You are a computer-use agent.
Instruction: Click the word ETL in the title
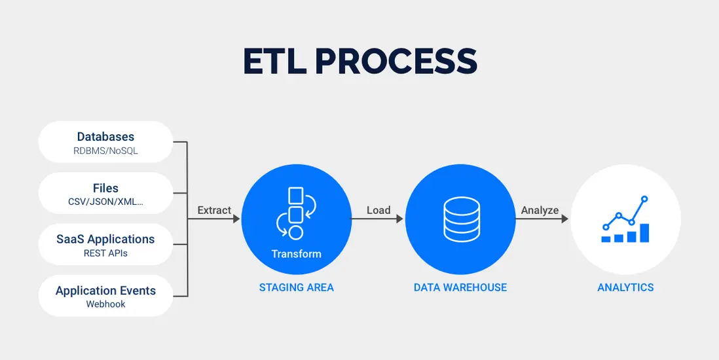pyautogui.click(x=273, y=61)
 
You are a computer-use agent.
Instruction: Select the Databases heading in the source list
pyautogui.click(x=105, y=137)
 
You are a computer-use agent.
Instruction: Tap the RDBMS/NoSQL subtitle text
pyautogui.click(x=105, y=151)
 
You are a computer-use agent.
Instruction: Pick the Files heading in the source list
pyautogui.click(x=105, y=188)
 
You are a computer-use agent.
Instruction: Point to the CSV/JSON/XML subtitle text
pyautogui.click(x=105, y=202)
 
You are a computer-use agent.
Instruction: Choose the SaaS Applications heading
pyautogui.click(x=105, y=239)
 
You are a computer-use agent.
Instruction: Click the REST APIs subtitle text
pyautogui.click(x=105, y=253)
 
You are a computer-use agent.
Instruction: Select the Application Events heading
pyautogui.click(x=105, y=290)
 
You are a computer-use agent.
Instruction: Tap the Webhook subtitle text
pyautogui.click(x=105, y=304)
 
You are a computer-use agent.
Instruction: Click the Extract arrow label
pyautogui.click(x=214, y=210)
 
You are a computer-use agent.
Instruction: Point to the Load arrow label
pyautogui.click(x=378, y=210)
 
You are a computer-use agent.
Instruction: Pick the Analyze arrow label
pyautogui.click(x=540, y=210)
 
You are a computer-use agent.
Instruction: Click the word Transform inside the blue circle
pyautogui.click(x=297, y=253)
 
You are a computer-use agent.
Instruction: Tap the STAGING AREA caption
pyautogui.click(x=297, y=287)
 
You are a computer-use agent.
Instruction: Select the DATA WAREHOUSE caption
pyautogui.click(x=460, y=287)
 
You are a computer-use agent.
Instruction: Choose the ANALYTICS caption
pyautogui.click(x=625, y=287)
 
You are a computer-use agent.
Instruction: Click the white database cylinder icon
pyautogui.click(x=460, y=219)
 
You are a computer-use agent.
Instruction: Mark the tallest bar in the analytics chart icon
pyautogui.click(x=644, y=233)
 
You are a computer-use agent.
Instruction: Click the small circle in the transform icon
pyautogui.click(x=296, y=232)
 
